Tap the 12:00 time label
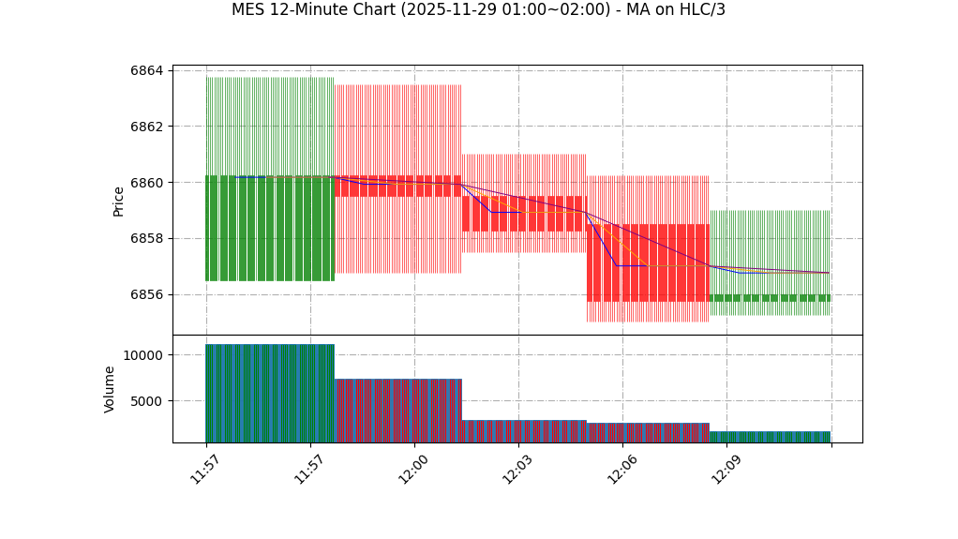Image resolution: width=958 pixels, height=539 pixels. click(413, 469)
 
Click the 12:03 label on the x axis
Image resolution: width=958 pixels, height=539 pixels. click(517, 469)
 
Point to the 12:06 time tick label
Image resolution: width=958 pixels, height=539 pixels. click(621, 469)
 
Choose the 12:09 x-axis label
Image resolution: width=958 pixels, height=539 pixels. click(726, 469)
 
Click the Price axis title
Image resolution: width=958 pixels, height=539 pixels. click(119, 201)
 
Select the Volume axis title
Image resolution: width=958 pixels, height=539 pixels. click(110, 389)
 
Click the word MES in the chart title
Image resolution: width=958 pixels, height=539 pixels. click(247, 10)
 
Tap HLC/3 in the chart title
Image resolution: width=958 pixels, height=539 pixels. click(701, 10)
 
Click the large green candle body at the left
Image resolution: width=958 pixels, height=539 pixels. click(270, 228)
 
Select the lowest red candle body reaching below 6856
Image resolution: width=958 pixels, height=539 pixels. click(648, 262)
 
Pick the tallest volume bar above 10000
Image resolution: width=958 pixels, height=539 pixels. click(270, 393)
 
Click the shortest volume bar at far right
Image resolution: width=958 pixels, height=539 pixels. click(770, 437)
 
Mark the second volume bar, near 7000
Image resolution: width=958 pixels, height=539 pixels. click(398, 411)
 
